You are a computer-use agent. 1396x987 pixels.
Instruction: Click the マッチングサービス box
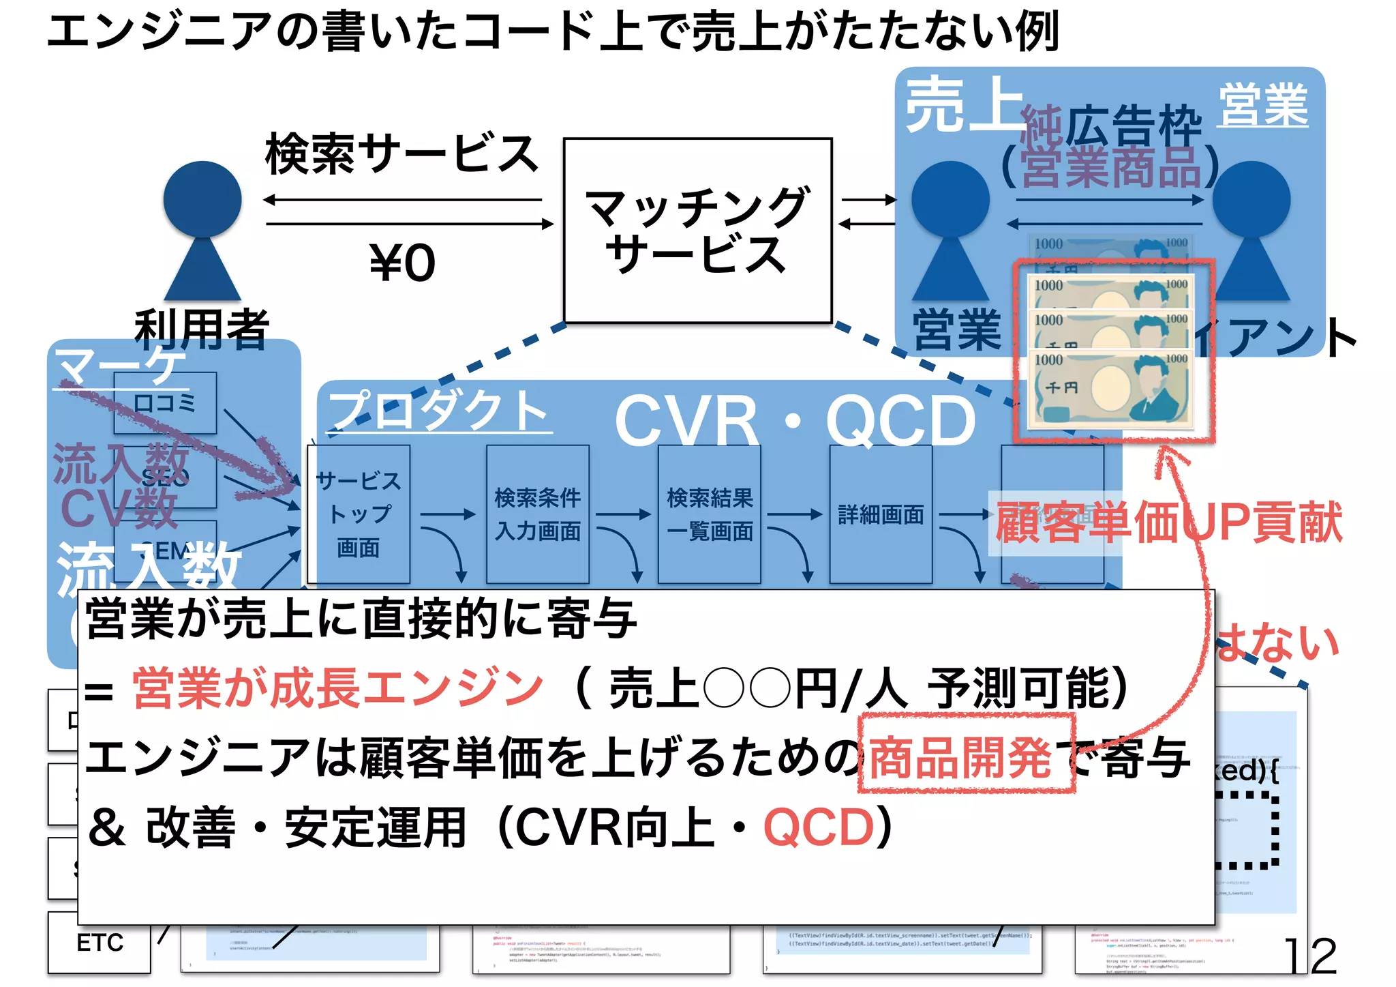pos(697,230)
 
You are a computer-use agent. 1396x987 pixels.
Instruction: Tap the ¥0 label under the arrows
pos(402,263)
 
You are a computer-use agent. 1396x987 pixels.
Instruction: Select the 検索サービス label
pos(401,154)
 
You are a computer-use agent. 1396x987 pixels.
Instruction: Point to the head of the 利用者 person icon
pos(202,199)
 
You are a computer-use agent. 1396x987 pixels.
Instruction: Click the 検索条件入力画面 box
pos(538,514)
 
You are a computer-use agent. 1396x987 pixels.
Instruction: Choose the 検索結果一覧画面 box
pos(710,514)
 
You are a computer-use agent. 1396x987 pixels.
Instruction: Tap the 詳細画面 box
pos(881,514)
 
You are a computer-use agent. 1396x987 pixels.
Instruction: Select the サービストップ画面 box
pos(359,514)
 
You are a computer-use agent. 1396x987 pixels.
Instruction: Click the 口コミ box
pos(165,402)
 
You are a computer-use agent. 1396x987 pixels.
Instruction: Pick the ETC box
pos(100,943)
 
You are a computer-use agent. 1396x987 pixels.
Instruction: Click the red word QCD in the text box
pos(819,827)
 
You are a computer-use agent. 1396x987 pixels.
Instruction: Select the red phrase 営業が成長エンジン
pos(338,688)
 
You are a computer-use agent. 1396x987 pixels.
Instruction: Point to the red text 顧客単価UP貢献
pos(1168,523)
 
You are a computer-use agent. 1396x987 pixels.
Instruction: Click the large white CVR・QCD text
pos(795,421)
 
